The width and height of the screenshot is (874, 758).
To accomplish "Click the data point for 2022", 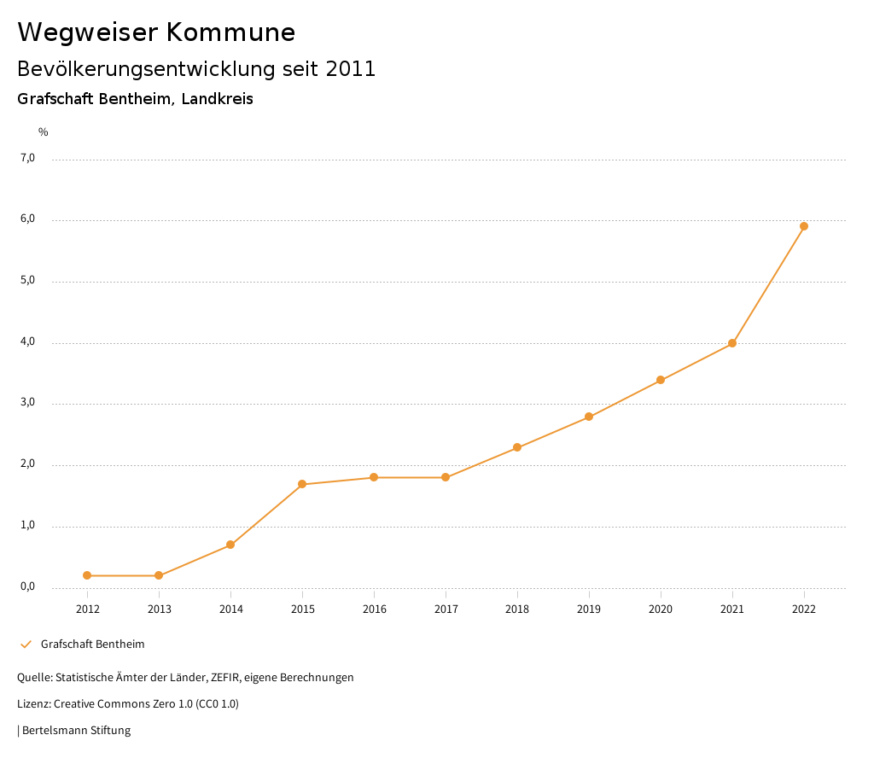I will (804, 226).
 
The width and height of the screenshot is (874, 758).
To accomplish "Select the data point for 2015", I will (302, 484).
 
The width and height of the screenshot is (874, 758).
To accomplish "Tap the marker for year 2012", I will (87, 575).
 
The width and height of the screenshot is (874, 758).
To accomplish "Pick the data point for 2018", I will (517, 447).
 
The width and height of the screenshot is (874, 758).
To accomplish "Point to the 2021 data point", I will (732, 343).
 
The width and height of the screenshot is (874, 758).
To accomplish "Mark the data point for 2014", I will (230, 545).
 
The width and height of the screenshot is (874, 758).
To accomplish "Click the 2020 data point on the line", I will (661, 380).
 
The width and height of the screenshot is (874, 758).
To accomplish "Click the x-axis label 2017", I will (446, 609).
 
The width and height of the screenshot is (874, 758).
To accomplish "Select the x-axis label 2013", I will (159, 609).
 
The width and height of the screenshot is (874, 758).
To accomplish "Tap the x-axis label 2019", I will (589, 609).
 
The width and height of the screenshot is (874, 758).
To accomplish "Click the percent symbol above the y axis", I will (44, 132).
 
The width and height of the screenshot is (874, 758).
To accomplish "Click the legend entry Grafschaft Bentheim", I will (92, 644).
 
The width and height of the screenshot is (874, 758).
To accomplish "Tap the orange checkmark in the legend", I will (26, 644).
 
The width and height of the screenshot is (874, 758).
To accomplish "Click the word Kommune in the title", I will (230, 32).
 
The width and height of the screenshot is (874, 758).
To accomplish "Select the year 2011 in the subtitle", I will (351, 69).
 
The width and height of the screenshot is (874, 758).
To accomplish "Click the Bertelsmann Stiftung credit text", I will (76, 731).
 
